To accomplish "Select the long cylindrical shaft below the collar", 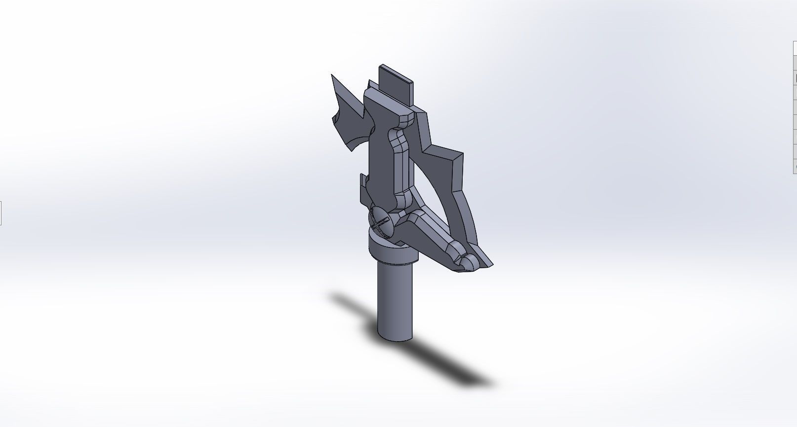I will pyautogui.click(x=395, y=301).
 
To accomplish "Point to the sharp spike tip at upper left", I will pyautogui.click(x=332, y=76).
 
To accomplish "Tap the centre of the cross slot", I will pyautogui.click(x=380, y=222).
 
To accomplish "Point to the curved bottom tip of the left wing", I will pyautogui.click(x=351, y=149).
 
